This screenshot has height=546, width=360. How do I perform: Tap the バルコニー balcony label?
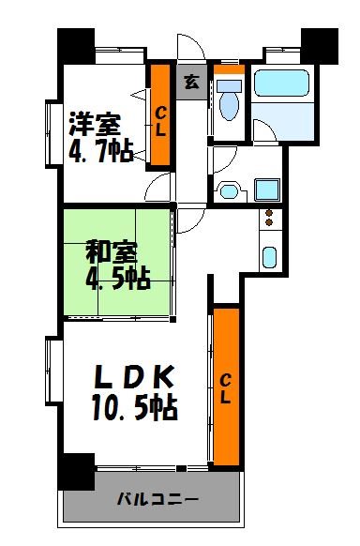(157, 499)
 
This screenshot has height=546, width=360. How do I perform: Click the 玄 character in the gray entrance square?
(190, 82)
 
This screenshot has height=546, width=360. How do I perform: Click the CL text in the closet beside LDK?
(226, 387)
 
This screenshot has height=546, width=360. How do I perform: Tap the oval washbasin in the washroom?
(228, 193)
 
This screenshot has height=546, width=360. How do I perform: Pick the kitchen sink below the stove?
(269, 255)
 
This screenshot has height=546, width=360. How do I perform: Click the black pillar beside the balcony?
(76, 470)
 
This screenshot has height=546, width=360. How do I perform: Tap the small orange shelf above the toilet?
(228, 69)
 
